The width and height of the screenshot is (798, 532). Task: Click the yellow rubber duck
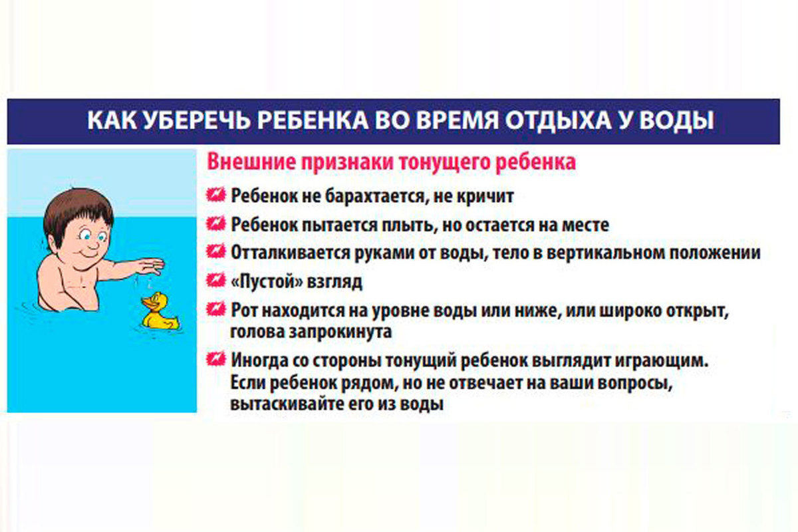click(159, 311)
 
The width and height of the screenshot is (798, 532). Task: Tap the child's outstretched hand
click(150, 266)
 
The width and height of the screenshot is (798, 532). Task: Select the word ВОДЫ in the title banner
click(676, 120)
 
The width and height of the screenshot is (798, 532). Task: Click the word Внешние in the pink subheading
click(251, 162)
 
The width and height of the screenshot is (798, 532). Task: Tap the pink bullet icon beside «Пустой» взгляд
click(215, 280)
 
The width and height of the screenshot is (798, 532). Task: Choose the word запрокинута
click(340, 332)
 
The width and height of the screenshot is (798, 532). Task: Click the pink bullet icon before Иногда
click(215, 359)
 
